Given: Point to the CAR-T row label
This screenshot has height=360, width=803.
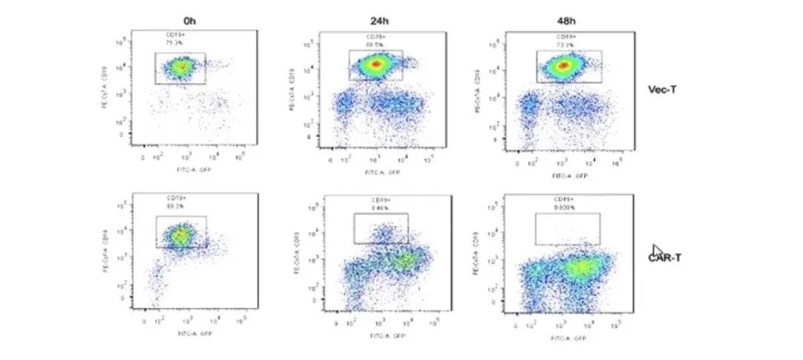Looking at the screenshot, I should [666, 257].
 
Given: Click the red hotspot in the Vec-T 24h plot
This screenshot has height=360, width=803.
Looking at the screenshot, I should [376, 65].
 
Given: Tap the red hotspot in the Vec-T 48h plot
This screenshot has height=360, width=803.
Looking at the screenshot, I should [564, 67].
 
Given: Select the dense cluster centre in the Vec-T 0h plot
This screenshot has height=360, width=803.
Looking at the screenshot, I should [178, 68].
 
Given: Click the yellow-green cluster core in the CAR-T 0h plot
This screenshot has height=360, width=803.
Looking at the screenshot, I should [181, 237].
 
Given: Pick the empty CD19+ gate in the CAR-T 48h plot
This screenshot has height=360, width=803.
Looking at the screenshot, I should [567, 228].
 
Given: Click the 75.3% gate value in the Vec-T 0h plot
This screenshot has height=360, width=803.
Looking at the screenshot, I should [174, 42].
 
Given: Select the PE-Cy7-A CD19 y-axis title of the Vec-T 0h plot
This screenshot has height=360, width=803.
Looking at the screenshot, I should [106, 90].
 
